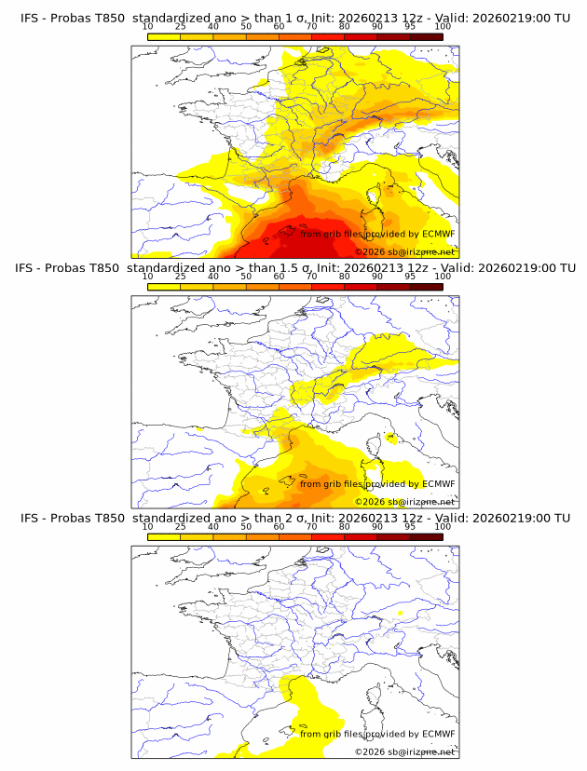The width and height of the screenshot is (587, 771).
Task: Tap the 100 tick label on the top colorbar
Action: click(x=442, y=28)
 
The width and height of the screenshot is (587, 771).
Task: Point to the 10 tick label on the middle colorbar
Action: click(x=147, y=277)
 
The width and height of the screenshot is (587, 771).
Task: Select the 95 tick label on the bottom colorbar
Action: click(x=410, y=527)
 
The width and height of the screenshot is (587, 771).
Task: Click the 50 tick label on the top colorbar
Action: click(x=246, y=28)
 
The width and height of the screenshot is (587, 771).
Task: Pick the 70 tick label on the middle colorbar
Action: click(x=311, y=277)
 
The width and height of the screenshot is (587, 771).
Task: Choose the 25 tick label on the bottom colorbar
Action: click(x=180, y=527)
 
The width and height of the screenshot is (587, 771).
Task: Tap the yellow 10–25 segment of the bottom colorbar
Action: click(x=164, y=537)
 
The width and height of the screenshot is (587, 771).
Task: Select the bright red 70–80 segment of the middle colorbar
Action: click(x=328, y=288)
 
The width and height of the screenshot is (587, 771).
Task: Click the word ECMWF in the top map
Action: click(x=439, y=234)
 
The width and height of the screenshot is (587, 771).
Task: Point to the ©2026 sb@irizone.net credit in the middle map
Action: click(x=404, y=502)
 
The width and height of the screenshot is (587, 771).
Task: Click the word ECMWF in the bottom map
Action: click(x=439, y=734)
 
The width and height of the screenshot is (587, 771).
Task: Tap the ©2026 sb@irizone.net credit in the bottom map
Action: click(x=404, y=751)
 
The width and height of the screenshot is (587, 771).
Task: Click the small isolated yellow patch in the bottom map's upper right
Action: click(x=400, y=614)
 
